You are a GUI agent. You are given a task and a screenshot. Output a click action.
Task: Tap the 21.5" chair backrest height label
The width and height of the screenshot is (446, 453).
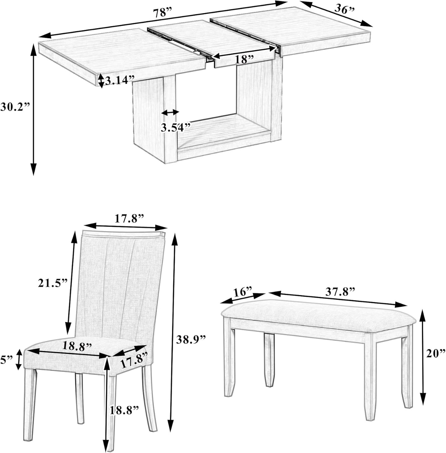click(52, 283)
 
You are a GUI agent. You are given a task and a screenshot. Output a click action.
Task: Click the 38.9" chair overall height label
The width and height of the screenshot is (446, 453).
click(191, 339)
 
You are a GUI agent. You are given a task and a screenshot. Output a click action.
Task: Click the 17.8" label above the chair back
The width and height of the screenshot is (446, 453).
click(130, 219)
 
